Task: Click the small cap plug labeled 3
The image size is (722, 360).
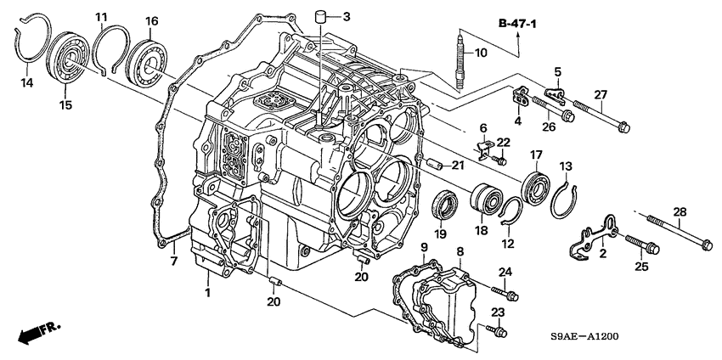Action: [x=322, y=16]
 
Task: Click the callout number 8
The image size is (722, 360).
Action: [x=460, y=251]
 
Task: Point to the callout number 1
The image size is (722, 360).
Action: [x=206, y=293]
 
